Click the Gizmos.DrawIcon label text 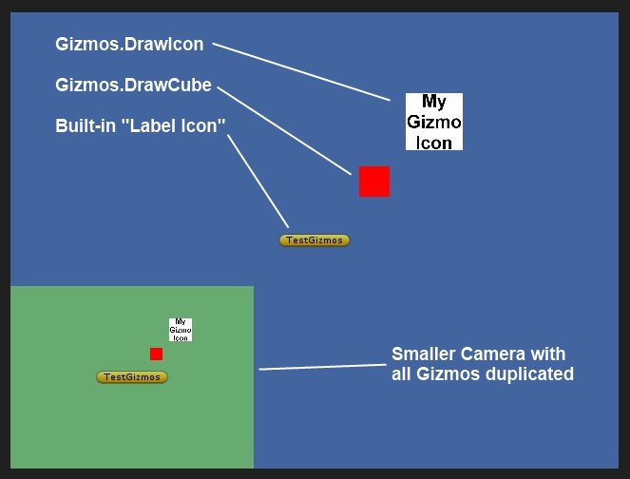[x=129, y=45]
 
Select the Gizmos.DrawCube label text [x=133, y=86]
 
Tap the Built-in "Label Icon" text [x=141, y=125]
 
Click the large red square [x=374, y=182]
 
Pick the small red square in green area [x=156, y=354]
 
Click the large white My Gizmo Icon [x=434, y=122]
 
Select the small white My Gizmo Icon [x=181, y=330]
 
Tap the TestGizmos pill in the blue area [x=315, y=240]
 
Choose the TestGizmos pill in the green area [x=132, y=377]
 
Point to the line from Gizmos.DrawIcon [x=301, y=71]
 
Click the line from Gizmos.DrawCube [x=284, y=130]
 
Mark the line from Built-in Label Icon [x=258, y=182]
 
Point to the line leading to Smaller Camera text [x=323, y=367]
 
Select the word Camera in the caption [x=492, y=354]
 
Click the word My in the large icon [x=434, y=102]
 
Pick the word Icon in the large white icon [x=434, y=143]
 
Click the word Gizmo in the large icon [x=434, y=122]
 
